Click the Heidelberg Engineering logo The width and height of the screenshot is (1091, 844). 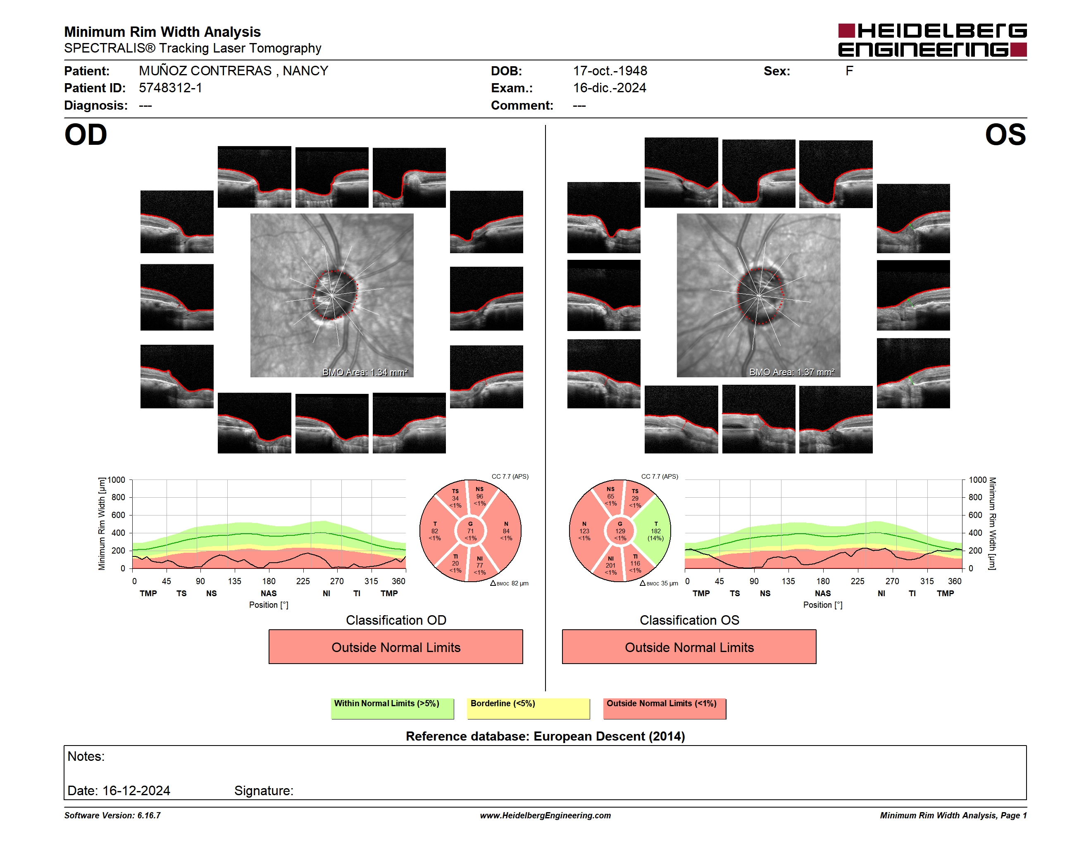(932, 40)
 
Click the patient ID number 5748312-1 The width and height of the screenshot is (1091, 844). (170, 88)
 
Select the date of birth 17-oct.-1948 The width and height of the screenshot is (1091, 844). (610, 71)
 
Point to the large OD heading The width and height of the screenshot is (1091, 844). (86, 135)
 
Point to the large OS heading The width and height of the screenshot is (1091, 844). (1005, 135)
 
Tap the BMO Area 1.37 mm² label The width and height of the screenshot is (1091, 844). (792, 372)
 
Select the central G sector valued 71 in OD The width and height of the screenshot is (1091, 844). (470, 531)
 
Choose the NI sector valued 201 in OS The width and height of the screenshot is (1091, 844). (610, 565)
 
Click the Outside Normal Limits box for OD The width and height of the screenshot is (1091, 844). (395, 647)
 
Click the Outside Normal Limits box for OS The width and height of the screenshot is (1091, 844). (689, 647)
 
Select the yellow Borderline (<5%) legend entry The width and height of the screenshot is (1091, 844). (528, 708)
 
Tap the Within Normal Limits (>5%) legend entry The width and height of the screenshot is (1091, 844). (392, 708)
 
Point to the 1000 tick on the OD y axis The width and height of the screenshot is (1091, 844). (117, 480)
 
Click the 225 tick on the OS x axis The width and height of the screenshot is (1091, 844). (857, 581)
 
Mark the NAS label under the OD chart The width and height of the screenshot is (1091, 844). (269, 594)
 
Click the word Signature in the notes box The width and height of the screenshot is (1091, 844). (263, 791)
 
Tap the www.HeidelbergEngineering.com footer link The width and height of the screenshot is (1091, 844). (545, 815)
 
